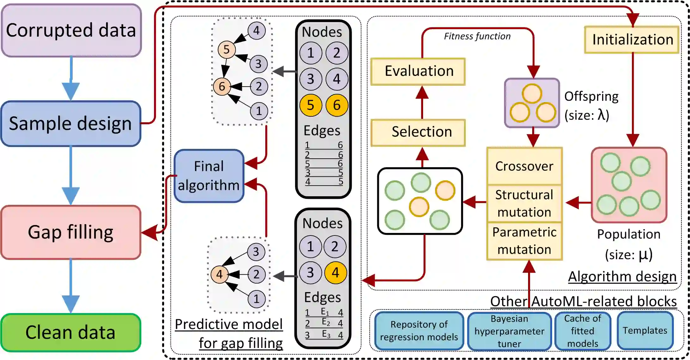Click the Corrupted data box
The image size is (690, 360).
pos(71,30)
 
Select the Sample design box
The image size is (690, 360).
pos(71,124)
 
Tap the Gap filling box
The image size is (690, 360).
pos(71,232)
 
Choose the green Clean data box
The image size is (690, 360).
pos(71,333)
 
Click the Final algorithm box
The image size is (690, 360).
pos(209,176)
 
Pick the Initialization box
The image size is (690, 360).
pos(632,40)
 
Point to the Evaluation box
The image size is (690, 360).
pos(418,71)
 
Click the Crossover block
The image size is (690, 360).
pos(524,166)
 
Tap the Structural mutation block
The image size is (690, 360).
pos(524,204)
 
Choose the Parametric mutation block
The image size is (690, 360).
pos(524,241)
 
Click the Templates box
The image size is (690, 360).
pos(645,331)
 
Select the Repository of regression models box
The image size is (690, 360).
pos(419,331)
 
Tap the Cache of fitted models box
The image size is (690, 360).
pos(582,331)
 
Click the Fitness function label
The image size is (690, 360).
pos(477,36)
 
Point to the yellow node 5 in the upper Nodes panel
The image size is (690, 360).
pos(311,105)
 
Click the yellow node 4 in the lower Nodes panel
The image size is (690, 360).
pos(336,273)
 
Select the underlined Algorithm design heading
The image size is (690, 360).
pos(622,277)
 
